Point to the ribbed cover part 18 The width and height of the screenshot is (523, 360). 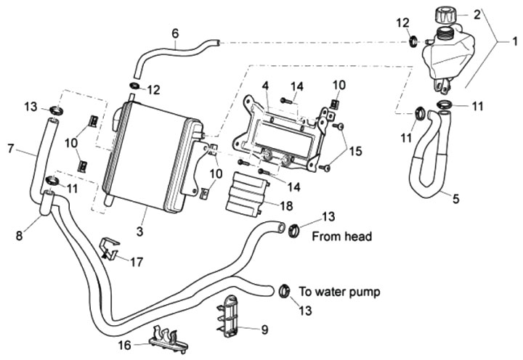click(x=246, y=192)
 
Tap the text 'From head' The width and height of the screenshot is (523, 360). click(x=341, y=237)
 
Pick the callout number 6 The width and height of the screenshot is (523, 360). click(x=175, y=33)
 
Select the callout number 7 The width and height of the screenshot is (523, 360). click(x=11, y=149)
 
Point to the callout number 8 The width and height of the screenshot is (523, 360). click(x=20, y=236)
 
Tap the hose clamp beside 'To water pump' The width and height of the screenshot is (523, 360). click(x=283, y=292)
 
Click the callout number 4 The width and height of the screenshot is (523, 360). click(x=266, y=86)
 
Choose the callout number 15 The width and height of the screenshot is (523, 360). click(x=354, y=152)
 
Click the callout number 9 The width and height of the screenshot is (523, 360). click(x=264, y=330)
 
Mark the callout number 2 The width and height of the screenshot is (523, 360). click(x=477, y=14)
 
